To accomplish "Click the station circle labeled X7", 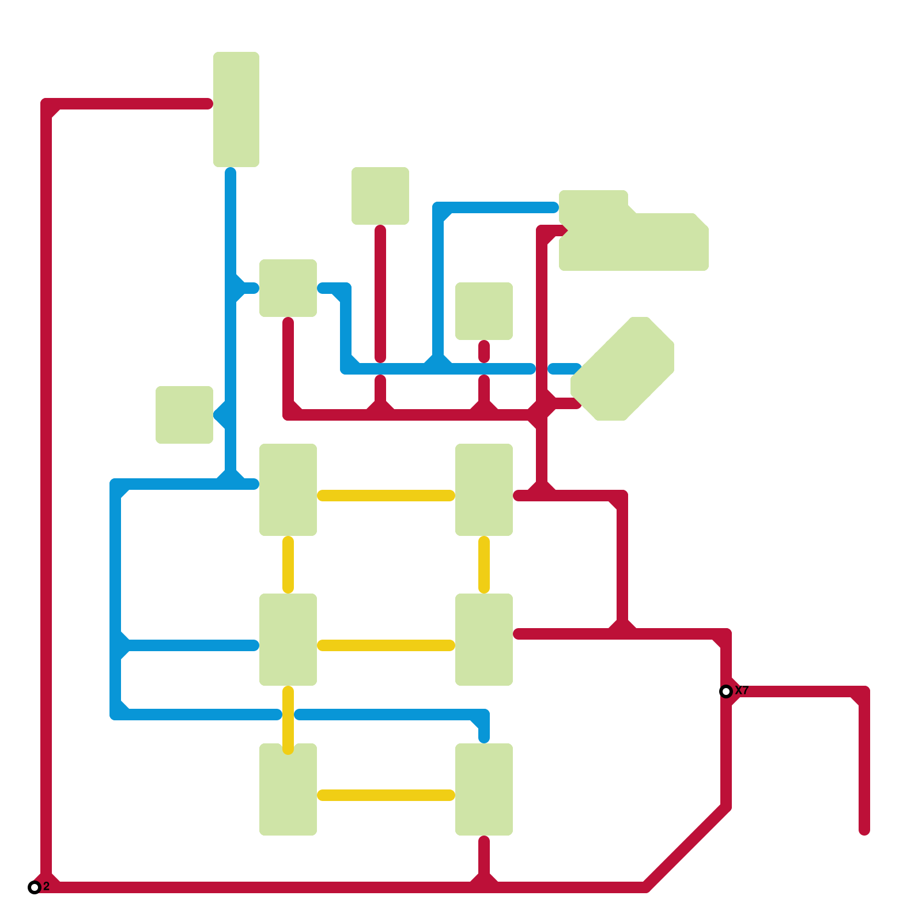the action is [726, 691].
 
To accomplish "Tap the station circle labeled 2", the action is [35, 887].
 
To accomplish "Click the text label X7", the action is [742, 690].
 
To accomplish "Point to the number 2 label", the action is [47, 886].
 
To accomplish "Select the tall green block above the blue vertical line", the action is [236, 109].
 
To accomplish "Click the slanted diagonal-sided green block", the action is [622, 369].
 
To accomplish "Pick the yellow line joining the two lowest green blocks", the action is [386, 795].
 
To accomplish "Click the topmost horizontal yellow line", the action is [386, 496].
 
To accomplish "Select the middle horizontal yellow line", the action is [386, 645].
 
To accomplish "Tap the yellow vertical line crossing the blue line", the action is [288, 720].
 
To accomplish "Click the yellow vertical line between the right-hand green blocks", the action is [484, 565].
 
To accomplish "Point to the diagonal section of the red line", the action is [686, 847].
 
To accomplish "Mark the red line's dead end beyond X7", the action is [864, 830].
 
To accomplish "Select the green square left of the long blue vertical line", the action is [184, 415].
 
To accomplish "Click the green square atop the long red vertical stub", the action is [380, 196].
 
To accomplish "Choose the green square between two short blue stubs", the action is [288, 288].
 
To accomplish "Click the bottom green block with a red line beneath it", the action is [484, 789].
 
